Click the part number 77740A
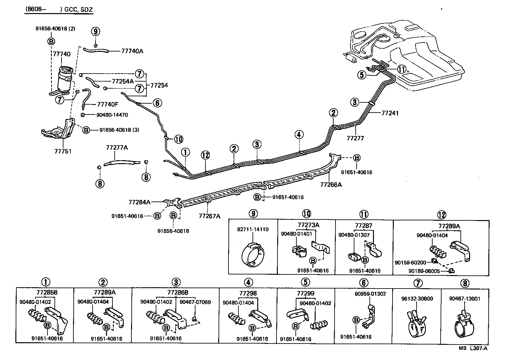click(132, 51)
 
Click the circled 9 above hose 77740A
click(95, 31)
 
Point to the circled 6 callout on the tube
click(157, 103)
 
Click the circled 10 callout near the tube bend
click(178, 139)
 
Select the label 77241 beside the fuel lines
click(390, 113)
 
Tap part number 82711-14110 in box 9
click(253, 230)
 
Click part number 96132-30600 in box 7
click(417, 299)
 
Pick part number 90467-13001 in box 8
click(465, 299)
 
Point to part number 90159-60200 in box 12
click(410, 263)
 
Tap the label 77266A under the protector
click(331, 185)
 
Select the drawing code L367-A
click(478, 348)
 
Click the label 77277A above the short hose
click(117, 147)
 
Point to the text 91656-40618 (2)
click(55, 28)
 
